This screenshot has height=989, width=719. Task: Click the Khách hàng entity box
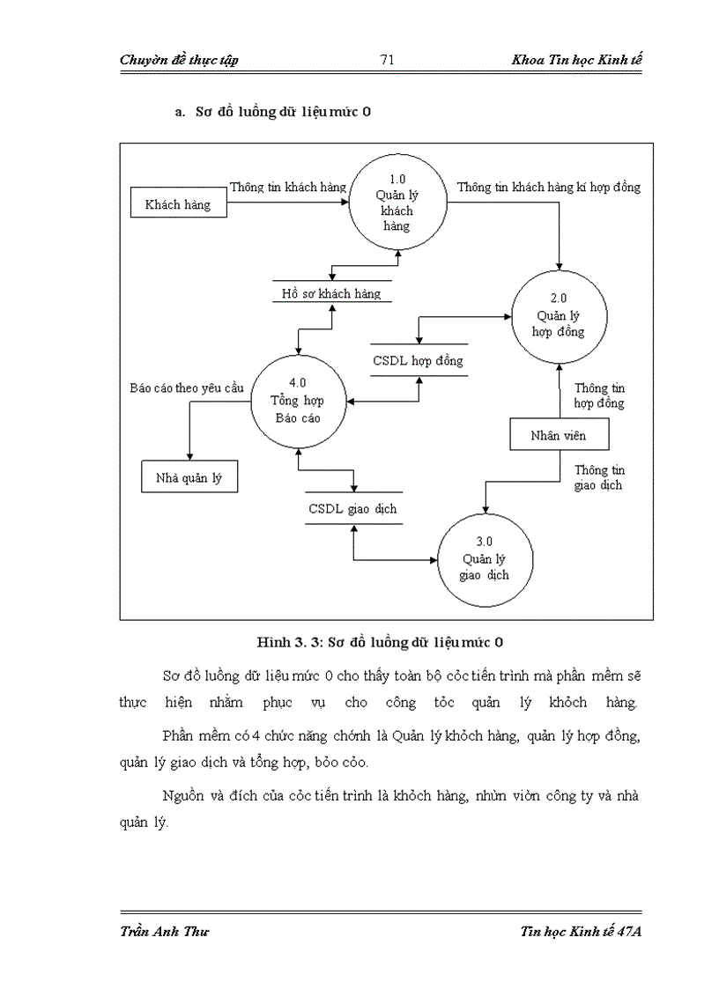point(178,204)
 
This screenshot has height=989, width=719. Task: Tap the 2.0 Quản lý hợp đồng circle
point(560,317)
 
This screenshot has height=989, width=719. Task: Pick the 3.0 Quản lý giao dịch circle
point(485,559)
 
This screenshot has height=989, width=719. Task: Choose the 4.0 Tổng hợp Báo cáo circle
point(298,401)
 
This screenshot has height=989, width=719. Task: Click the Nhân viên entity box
point(559,434)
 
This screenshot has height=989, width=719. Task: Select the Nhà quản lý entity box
point(189,477)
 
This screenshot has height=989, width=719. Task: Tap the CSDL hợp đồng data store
point(418,360)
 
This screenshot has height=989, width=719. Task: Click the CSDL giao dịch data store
point(352,508)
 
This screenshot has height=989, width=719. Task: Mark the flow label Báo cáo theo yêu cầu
point(186,387)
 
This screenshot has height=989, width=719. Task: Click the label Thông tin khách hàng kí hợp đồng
point(548,187)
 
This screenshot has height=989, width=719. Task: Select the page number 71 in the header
point(386,60)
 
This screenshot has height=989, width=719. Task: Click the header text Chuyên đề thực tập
point(179,60)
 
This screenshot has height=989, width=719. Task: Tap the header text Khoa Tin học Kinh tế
point(576,60)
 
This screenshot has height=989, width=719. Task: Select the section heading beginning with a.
point(272,112)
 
